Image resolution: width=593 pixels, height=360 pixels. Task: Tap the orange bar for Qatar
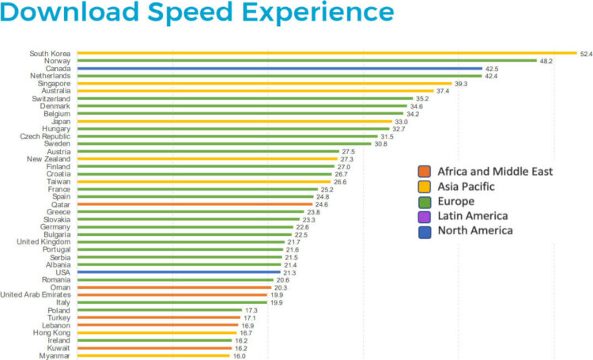pos(190,204)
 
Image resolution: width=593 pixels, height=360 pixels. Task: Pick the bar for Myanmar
pos(154,356)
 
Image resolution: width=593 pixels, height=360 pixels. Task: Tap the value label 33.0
pos(402,121)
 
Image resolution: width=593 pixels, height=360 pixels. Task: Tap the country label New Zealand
pos(51,159)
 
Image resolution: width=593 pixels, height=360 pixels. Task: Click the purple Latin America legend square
pos(425,216)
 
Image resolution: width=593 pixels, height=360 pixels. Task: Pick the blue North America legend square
pos(425,231)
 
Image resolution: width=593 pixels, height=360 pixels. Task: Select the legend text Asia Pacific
pos(466,187)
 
